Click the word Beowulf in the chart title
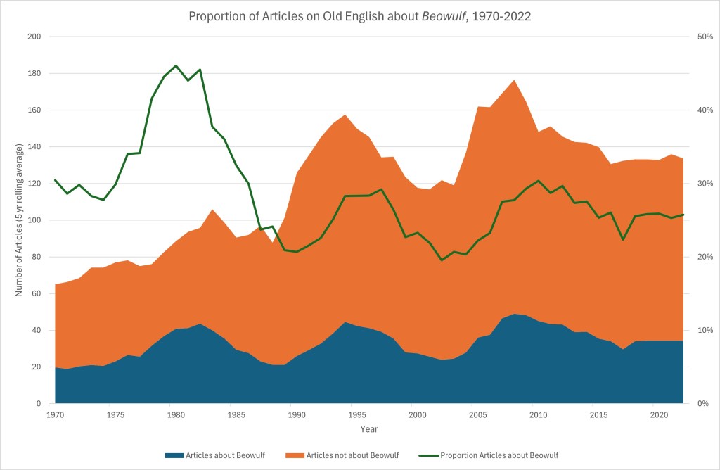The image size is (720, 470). (x=446, y=15)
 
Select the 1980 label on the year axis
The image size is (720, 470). (x=176, y=414)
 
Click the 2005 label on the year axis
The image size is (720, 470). (x=477, y=414)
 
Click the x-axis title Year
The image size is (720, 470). (x=368, y=428)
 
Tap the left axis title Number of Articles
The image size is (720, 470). (x=20, y=220)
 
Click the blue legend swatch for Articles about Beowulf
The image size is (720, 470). (x=174, y=455)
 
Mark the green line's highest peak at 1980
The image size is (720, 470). (x=176, y=65)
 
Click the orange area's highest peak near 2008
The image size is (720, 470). (x=514, y=80)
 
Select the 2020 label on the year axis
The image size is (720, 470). (x=659, y=414)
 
